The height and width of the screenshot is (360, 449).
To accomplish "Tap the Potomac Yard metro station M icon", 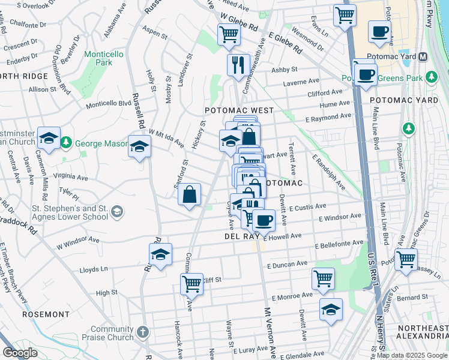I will coord(423,57).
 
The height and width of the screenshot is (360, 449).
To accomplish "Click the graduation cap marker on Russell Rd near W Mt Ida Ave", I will coord(139,146).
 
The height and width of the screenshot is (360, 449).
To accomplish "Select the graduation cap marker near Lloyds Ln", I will coord(160,254).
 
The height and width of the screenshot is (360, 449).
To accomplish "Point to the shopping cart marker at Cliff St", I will coord(192,283).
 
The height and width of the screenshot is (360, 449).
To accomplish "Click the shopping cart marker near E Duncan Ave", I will coord(323,278).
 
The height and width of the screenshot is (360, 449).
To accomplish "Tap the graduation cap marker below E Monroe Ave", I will coord(331,309).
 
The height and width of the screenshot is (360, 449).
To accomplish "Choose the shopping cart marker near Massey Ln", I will coord(406,259).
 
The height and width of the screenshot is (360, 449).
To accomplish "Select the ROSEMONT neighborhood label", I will coord(46,314).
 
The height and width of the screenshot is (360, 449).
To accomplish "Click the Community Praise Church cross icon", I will coord(142,331).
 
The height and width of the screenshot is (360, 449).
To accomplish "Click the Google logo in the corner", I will coord(20,353).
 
